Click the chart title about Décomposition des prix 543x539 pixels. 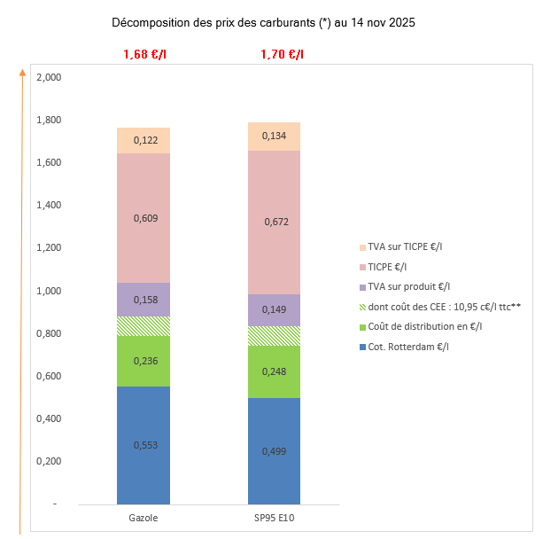tap(263, 22)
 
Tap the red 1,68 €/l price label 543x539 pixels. tap(144, 55)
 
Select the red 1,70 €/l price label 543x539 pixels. tap(282, 55)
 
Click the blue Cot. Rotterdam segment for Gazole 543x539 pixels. tap(144, 444)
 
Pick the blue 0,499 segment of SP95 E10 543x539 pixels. tap(274, 450)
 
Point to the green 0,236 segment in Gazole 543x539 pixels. tap(144, 361)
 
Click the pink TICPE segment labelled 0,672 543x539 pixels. tap(274, 222)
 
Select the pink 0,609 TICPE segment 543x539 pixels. tap(144, 218)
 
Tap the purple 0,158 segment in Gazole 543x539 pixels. tap(144, 300)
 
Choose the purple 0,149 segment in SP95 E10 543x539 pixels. tap(274, 309)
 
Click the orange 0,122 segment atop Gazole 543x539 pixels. tap(144, 140)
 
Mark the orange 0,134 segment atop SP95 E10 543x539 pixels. tap(274, 136)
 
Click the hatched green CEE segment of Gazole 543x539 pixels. tap(144, 326)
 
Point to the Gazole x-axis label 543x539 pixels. tap(144, 517)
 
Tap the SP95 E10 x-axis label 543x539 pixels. tap(274, 517)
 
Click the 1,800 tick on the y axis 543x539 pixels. tap(48, 120)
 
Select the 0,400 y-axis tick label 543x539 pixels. tap(48, 418)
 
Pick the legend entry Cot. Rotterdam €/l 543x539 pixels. tap(407, 347)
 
